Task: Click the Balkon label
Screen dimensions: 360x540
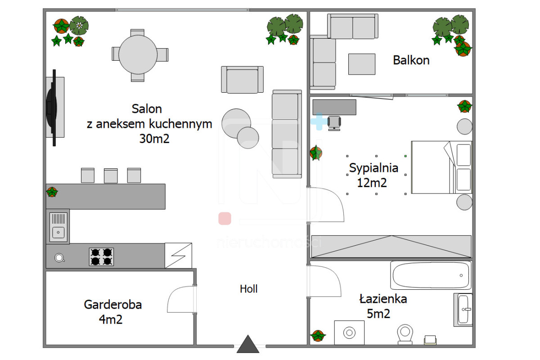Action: click(411, 60)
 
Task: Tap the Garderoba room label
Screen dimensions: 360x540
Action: click(112, 305)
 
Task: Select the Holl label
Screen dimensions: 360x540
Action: click(248, 289)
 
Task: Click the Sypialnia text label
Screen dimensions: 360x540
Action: click(373, 168)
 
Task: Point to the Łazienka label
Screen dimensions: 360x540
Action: click(383, 299)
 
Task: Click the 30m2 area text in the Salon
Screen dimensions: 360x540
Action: click(154, 139)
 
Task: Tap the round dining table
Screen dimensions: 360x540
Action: click(137, 54)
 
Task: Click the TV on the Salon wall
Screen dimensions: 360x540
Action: click(52, 108)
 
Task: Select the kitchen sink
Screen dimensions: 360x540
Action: click(58, 227)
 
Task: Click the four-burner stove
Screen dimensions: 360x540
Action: click(101, 257)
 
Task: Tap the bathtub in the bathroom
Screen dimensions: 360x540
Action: click(431, 275)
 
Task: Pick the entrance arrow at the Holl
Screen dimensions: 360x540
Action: click(248, 344)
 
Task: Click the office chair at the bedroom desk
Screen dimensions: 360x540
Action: click(334, 122)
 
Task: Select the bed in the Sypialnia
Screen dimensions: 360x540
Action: click(441, 167)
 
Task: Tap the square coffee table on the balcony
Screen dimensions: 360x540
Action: click(361, 64)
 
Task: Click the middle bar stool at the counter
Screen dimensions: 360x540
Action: click(111, 175)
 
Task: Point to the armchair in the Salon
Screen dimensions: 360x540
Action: click(242, 80)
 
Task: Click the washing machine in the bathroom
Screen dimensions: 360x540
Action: click(349, 333)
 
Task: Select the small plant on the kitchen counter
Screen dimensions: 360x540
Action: click(52, 192)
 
